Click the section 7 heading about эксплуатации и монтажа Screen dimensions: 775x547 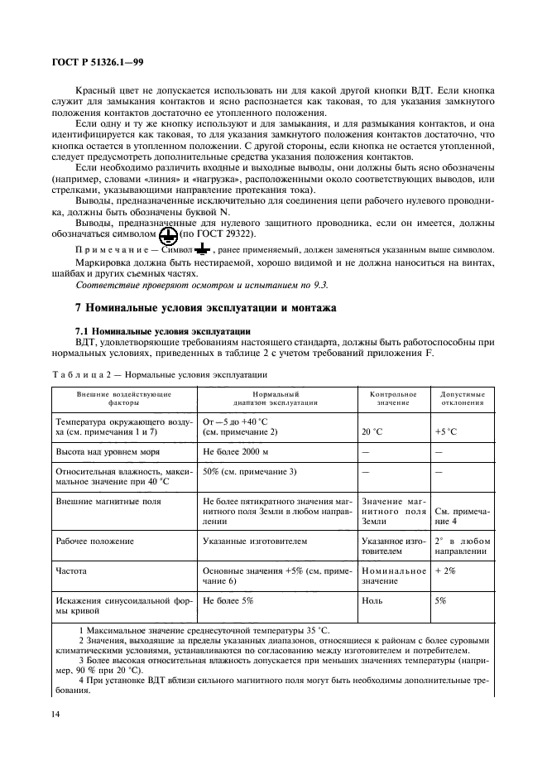[205, 307]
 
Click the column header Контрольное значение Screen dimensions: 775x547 [393, 398]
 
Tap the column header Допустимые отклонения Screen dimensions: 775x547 [462, 398]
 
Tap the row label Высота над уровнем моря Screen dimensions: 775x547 [107, 452]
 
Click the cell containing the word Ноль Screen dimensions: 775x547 [372, 600]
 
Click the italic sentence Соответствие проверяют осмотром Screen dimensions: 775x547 [201, 285]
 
